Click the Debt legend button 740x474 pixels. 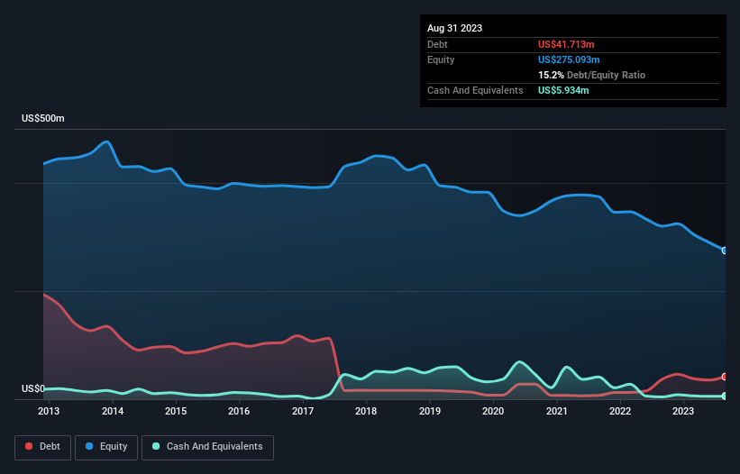coord(41,447)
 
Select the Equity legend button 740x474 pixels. coord(106,447)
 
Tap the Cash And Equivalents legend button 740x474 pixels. coord(207,447)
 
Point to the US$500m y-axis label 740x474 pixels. coord(43,119)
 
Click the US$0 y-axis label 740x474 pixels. coord(33,389)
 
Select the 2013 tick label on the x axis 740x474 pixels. coord(49,412)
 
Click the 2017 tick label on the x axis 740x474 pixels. coord(303,412)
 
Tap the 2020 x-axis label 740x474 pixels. coord(493,412)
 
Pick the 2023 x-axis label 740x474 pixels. coord(683,412)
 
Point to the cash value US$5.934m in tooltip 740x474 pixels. coord(565,90)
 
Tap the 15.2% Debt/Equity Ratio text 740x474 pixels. coord(591,75)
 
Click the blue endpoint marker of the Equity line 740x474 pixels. coord(725,251)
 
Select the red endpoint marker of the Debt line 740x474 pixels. coord(725,377)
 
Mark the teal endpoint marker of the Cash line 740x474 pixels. coord(725,396)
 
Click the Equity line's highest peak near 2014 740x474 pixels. coord(107,141)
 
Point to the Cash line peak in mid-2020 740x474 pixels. coord(519,362)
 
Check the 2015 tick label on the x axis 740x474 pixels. coord(176,412)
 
